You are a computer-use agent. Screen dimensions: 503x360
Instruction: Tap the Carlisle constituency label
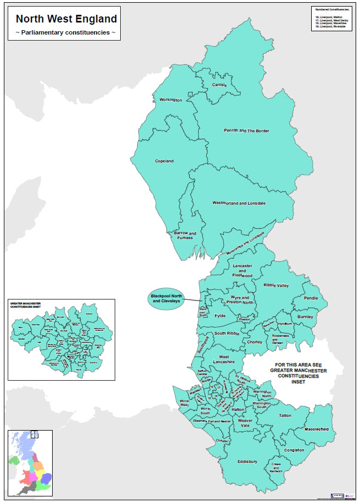pyautogui.click(x=220, y=86)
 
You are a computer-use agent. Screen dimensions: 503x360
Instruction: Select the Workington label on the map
pyautogui.click(x=170, y=100)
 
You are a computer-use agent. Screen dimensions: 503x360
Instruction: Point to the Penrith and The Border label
pyautogui.click(x=247, y=131)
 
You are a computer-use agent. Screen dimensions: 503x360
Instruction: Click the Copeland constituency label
pyautogui.click(x=164, y=161)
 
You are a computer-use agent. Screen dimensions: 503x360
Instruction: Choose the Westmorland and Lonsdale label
pyautogui.click(x=239, y=203)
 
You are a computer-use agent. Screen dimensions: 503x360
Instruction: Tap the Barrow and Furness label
pyautogui.click(x=184, y=236)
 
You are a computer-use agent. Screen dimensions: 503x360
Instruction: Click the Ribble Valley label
pyautogui.click(x=275, y=285)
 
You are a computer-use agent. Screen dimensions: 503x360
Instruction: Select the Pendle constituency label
pyautogui.click(x=311, y=298)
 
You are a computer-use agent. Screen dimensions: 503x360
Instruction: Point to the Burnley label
pyautogui.click(x=305, y=317)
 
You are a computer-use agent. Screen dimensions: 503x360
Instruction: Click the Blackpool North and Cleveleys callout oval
pyautogui.click(x=166, y=299)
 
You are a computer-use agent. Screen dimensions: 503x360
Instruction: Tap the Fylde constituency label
pyautogui.click(x=220, y=316)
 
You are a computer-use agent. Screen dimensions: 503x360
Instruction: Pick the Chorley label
pyautogui.click(x=255, y=342)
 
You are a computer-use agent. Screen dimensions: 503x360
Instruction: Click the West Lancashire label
pyautogui.click(x=223, y=359)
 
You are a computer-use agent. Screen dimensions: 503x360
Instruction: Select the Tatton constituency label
pyautogui.click(x=285, y=416)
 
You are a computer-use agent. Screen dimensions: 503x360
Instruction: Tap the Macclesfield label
pyautogui.click(x=316, y=428)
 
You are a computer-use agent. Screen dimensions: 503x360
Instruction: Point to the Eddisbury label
pyautogui.click(x=247, y=461)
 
